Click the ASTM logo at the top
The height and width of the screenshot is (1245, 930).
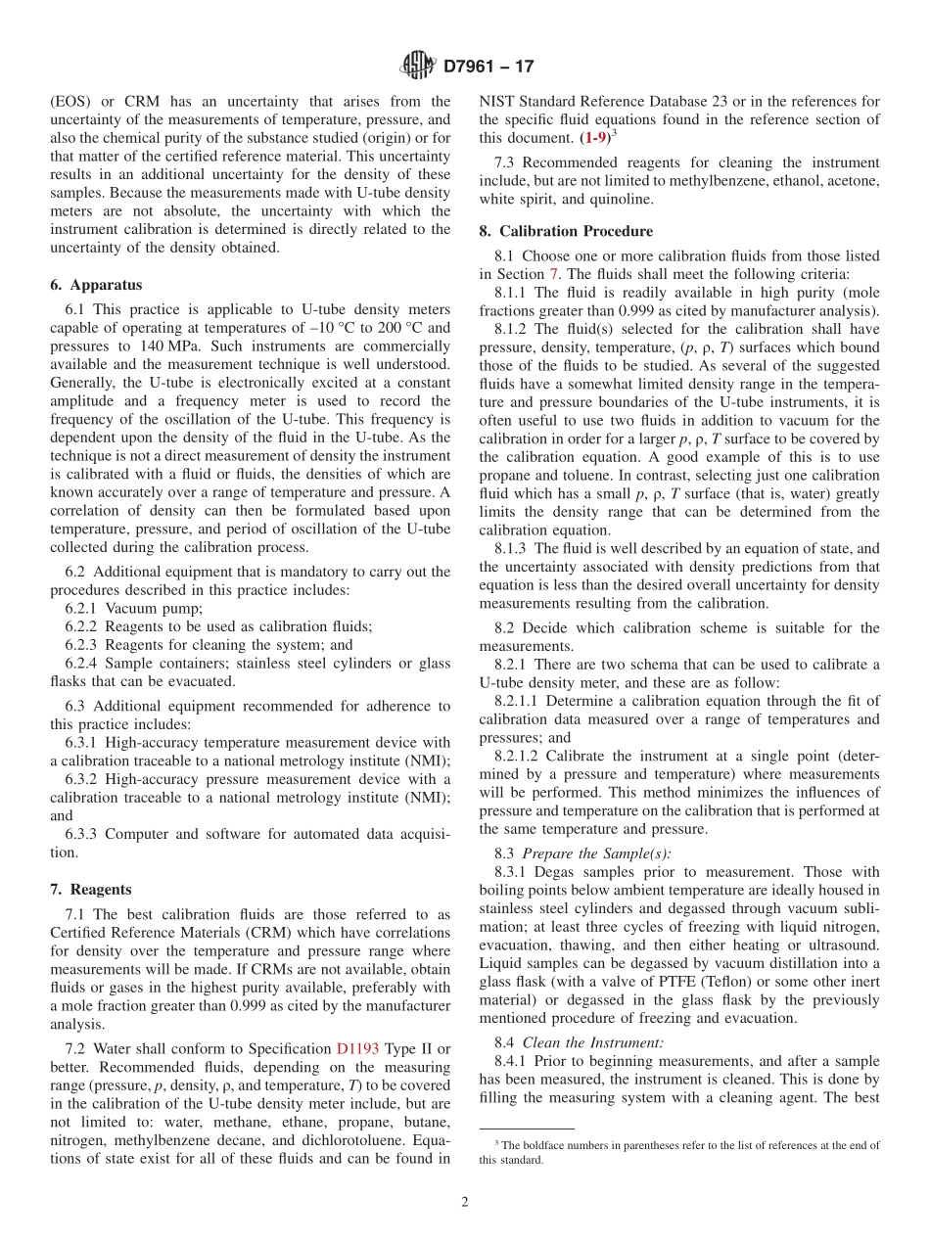(x=418, y=67)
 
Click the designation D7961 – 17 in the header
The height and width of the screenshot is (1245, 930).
(x=488, y=68)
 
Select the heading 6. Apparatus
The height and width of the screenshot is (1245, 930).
(x=96, y=285)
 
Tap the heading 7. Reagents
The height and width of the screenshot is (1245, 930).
(x=91, y=890)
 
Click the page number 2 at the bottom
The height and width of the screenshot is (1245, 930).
(x=465, y=1202)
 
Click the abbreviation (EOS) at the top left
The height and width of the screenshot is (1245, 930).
(x=70, y=101)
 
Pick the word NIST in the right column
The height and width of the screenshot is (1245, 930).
(x=497, y=101)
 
